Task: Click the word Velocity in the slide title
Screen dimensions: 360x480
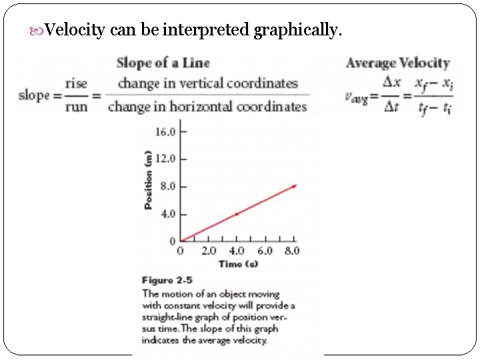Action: (76, 30)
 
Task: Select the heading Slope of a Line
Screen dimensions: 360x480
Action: (163, 63)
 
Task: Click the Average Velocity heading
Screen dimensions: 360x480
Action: (398, 63)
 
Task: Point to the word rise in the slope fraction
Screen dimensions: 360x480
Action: (76, 84)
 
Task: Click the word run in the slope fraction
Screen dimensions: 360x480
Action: (77, 106)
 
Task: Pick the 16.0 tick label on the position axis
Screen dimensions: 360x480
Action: (165, 132)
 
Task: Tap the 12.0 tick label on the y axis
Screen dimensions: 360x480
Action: (165, 159)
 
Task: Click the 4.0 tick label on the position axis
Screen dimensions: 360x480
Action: (167, 214)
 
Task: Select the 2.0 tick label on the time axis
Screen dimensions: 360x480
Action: (209, 251)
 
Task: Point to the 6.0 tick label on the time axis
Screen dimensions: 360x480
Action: (265, 251)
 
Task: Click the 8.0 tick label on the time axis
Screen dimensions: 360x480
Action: (292, 251)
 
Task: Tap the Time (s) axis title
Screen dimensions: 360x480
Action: (238, 264)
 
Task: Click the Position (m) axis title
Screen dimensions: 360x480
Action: (148, 181)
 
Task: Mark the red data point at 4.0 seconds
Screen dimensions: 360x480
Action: (237, 214)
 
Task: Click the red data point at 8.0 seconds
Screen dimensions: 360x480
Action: (293, 186)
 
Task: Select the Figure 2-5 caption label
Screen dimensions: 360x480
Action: (167, 281)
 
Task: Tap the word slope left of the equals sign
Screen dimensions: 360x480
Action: (35, 95)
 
